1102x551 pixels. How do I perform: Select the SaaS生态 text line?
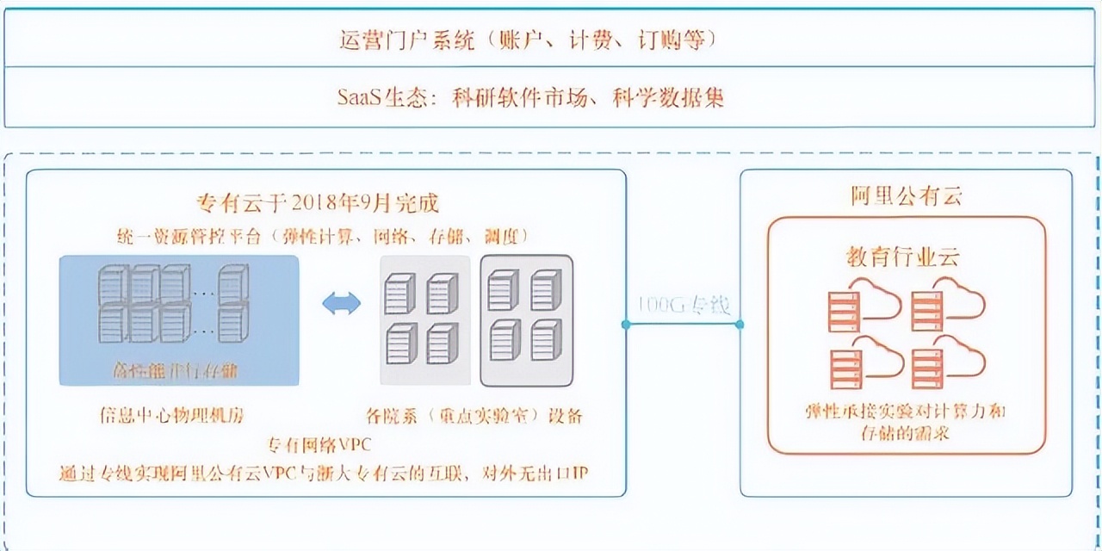(x=530, y=96)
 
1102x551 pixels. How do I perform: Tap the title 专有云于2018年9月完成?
(x=319, y=203)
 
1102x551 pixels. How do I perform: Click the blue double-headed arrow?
(x=341, y=303)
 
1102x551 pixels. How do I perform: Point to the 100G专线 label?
(x=684, y=305)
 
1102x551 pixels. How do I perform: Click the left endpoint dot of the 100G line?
(x=626, y=324)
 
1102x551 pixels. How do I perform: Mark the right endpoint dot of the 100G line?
(x=740, y=324)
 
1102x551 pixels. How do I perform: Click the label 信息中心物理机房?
(x=171, y=416)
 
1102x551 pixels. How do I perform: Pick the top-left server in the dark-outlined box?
(x=503, y=289)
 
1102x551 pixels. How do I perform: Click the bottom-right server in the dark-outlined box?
(x=546, y=340)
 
